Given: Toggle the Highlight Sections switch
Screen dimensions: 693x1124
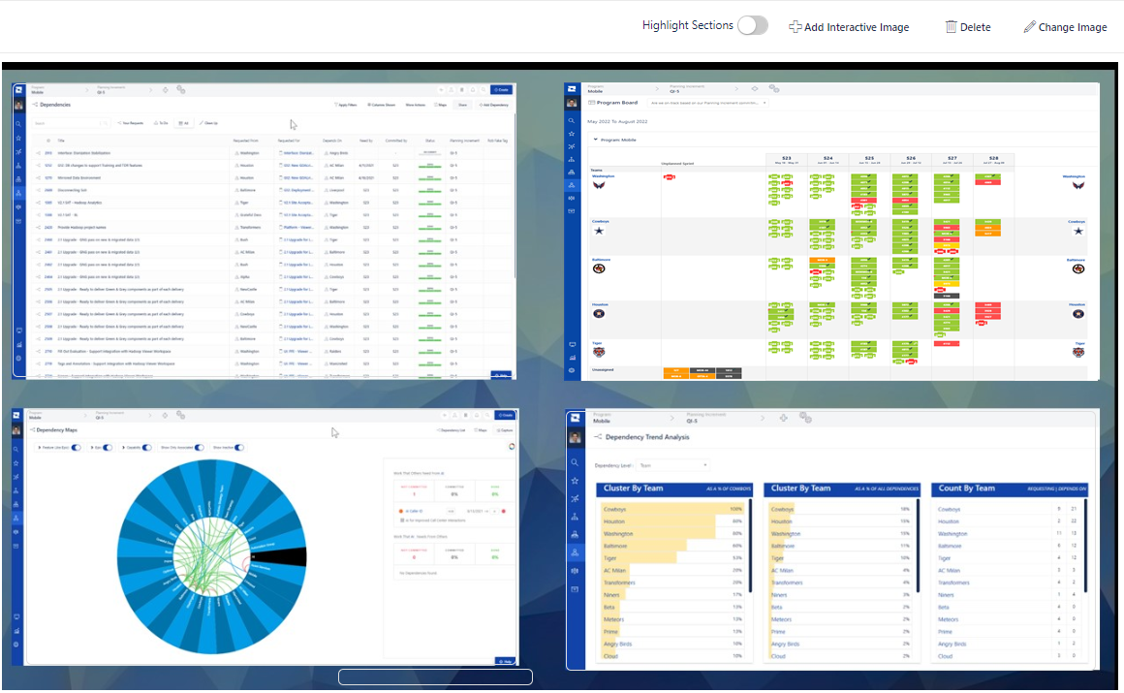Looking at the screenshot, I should [752, 26].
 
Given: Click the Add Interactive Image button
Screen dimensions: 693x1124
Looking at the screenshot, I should [849, 27].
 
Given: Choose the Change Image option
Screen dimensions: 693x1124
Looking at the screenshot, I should [1065, 27].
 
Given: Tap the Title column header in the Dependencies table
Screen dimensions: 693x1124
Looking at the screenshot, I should [61, 141].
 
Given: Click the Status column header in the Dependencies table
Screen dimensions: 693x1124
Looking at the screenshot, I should [429, 141].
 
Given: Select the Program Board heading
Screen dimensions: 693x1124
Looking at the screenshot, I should [617, 102].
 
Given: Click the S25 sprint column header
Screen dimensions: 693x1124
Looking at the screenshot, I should [869, 159].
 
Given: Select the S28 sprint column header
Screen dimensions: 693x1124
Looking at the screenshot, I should [994, 159].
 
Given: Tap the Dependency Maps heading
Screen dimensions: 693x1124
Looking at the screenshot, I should [58, 429].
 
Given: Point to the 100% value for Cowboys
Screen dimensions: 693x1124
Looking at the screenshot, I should [735, 509].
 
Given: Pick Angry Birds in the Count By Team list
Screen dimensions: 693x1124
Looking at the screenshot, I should [952, 644].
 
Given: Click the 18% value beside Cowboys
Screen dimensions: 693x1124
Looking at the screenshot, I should [904, 509].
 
